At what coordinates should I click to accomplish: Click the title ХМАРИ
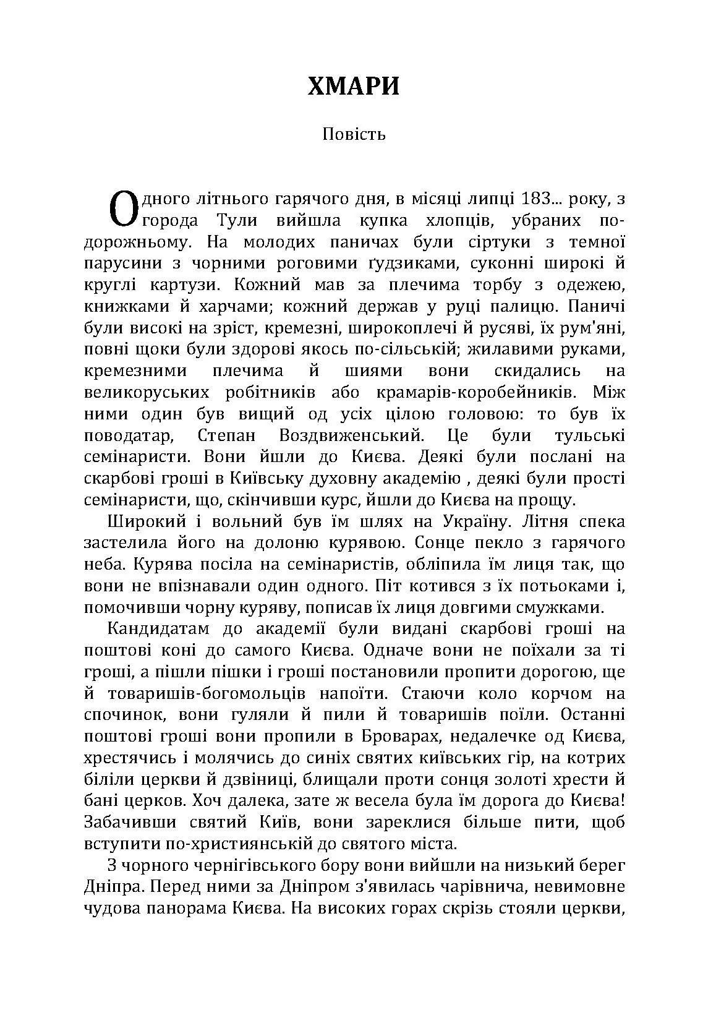pos(354,87)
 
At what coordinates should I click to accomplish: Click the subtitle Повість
pos(354,134)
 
